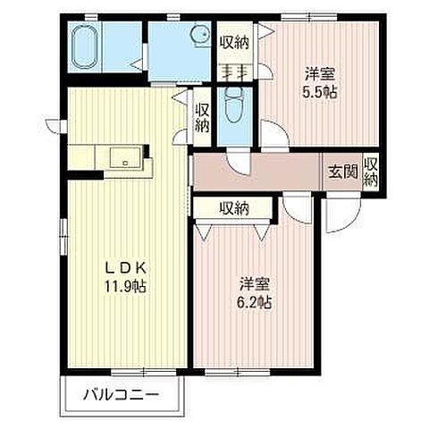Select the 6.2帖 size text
pyautogui.click(x=254, y=303)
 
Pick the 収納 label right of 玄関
pyautogui.click(x=371, y=171)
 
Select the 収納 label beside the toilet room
pyautogui.click(x=202, y=116)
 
